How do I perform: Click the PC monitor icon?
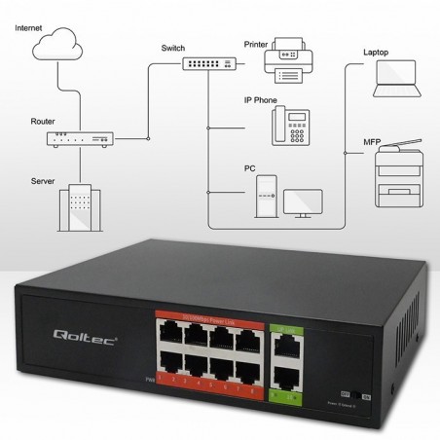coord(303,202)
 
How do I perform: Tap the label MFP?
coord(371,142)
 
